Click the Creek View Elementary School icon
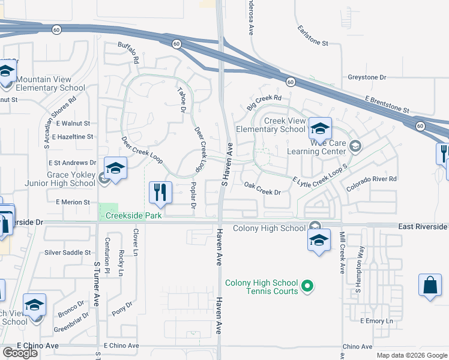coord(320,127)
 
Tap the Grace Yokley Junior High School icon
coord(115,167)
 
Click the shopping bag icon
coord(431,284)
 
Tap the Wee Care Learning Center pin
coord(355,145)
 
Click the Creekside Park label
coord(133,215)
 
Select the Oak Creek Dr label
coord(262,192)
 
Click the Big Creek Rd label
coord(264,102)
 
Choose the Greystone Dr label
coord(367,77)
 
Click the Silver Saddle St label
coord(67,253)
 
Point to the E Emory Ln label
coord(376,321)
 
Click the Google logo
coord(20,353)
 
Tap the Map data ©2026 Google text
coord(411,355)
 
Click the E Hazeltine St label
coord(73,137)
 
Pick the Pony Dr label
coord(122,311)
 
